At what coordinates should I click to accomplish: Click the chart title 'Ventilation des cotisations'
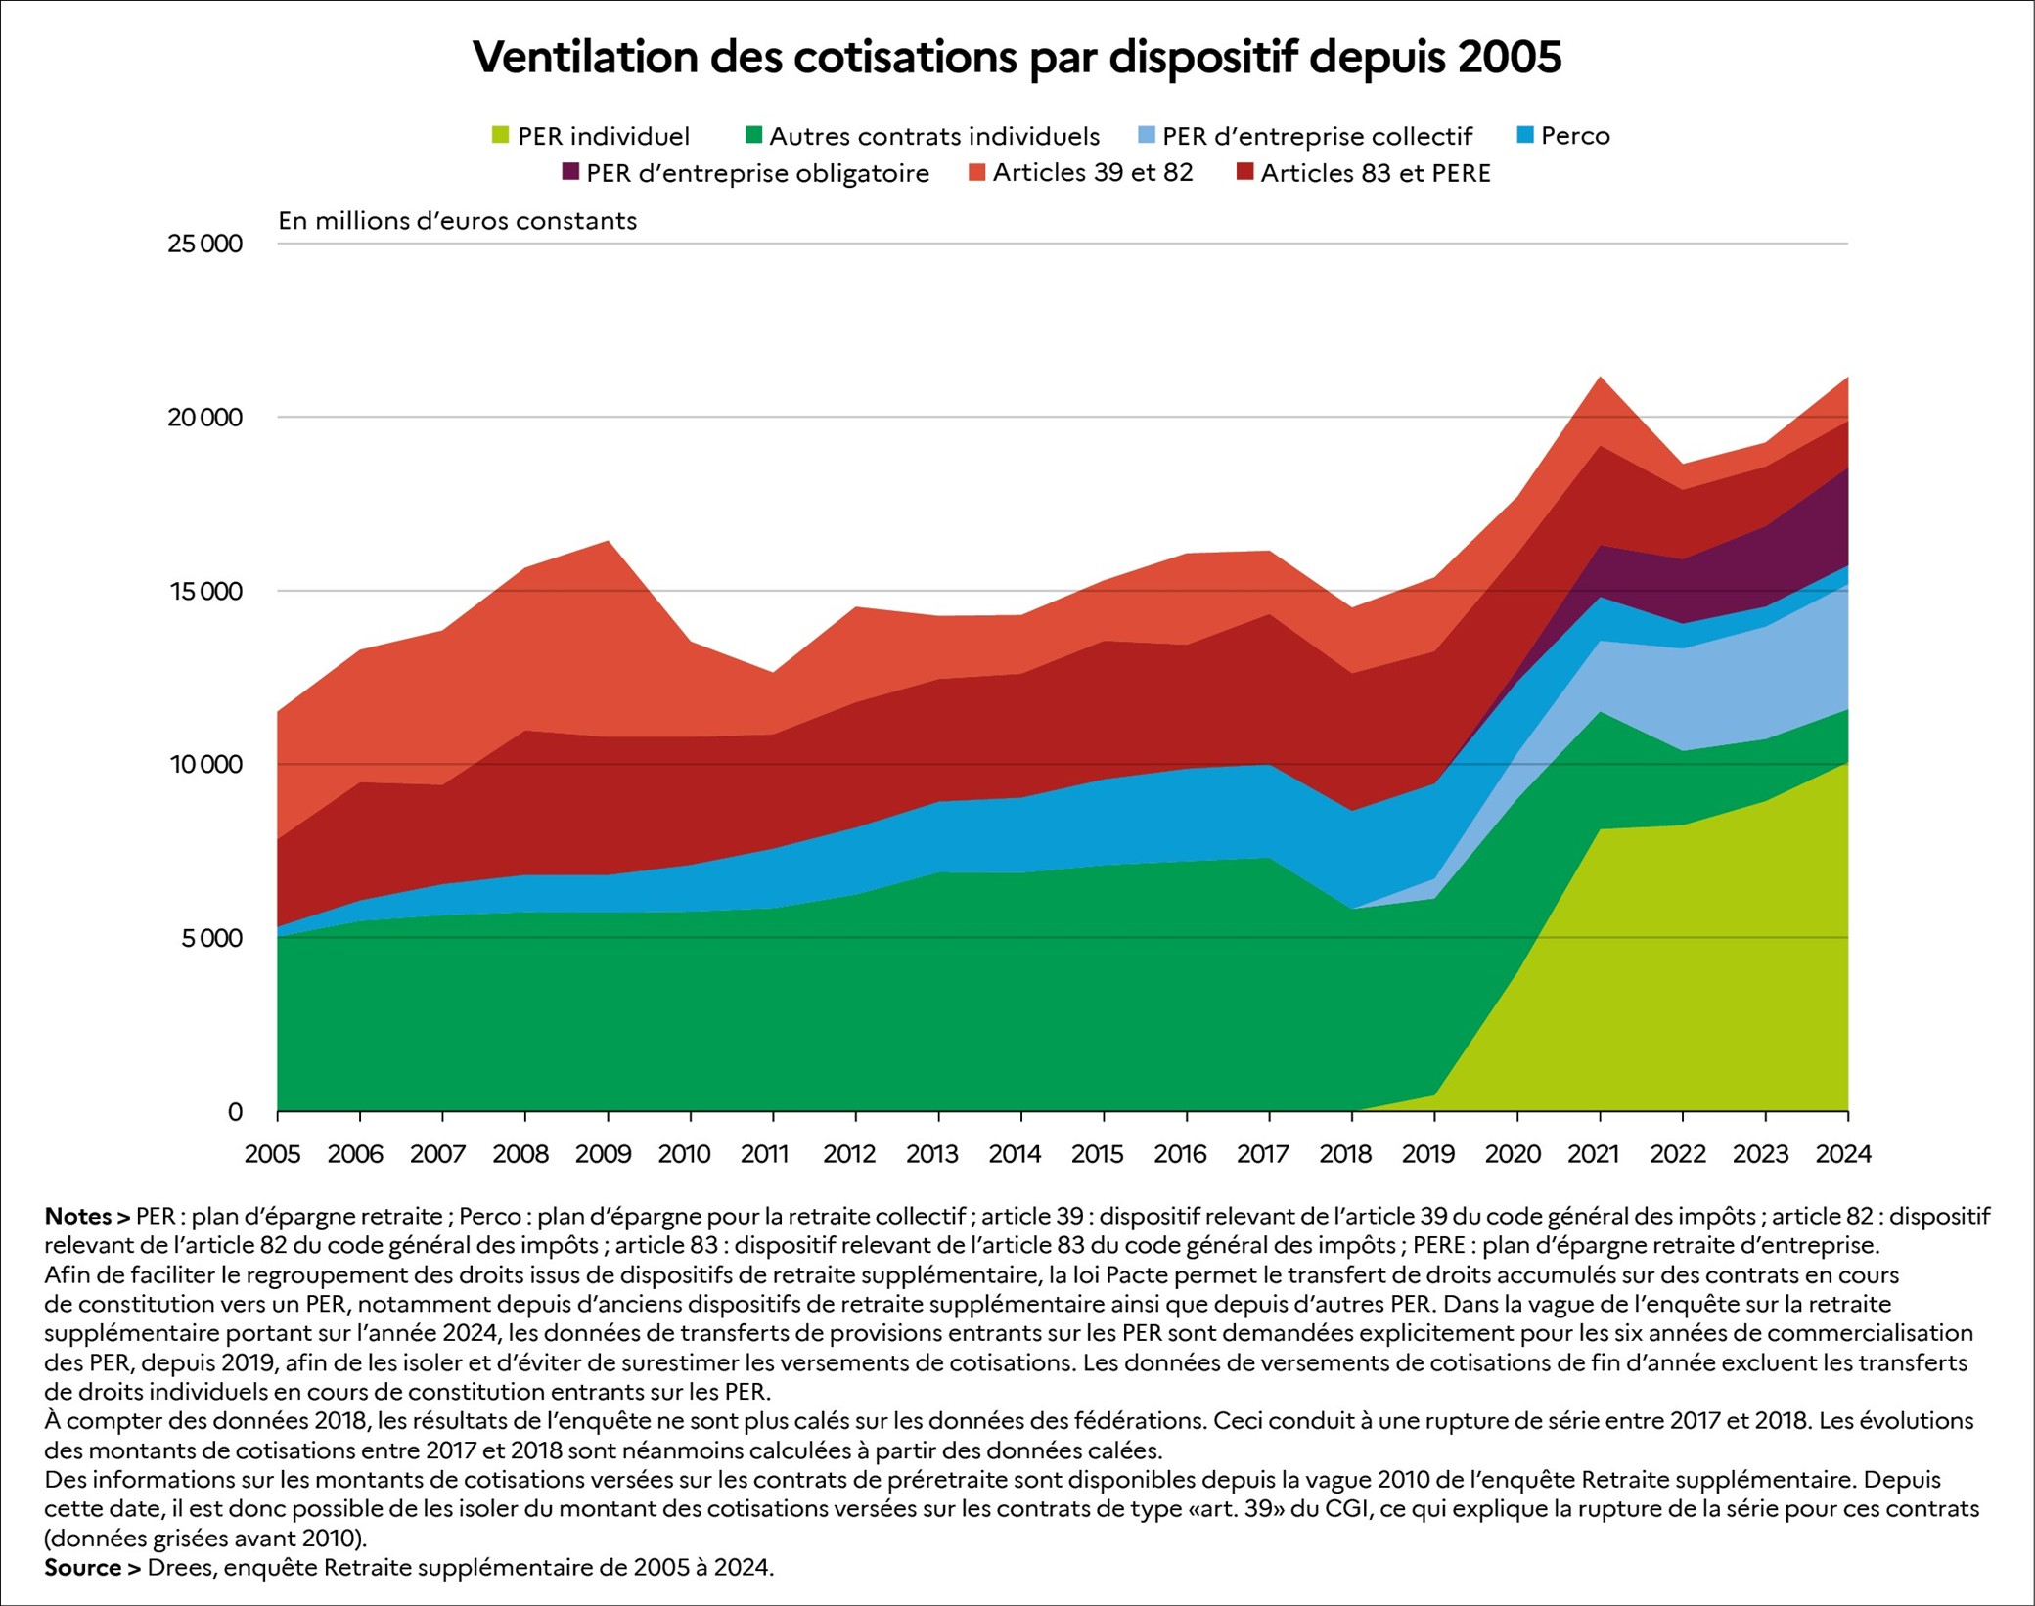1017,58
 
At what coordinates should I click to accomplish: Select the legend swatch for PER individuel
500,135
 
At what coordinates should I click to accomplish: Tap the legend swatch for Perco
1524,135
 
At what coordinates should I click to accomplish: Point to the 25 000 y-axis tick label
204,244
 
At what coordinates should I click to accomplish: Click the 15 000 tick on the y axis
204,591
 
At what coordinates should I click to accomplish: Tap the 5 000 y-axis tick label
209,938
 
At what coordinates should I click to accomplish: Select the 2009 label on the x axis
604,1154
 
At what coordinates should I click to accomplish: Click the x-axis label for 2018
1346,1154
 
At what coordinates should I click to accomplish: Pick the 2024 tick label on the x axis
1843,1154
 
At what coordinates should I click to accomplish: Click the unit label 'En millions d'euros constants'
457,221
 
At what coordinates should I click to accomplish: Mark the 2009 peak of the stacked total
608,541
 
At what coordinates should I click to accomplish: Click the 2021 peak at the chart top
1600,377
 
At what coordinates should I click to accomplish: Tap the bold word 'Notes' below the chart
78,1217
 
